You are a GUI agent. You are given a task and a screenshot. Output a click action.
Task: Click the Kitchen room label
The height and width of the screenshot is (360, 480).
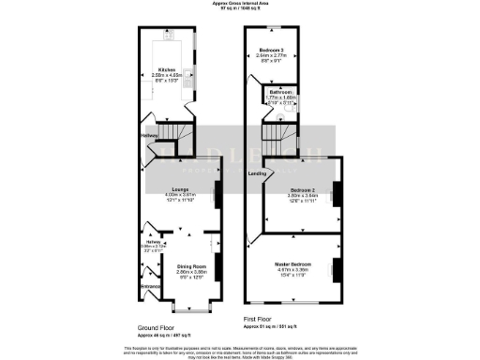[x=167, y=69]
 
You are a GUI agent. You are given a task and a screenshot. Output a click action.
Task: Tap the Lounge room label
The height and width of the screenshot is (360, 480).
[x=172, y=188]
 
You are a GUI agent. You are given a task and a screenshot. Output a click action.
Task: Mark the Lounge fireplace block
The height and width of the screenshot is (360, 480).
[x=217, y=196]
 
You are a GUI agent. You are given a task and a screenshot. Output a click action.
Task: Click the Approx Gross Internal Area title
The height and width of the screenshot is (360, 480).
[x=240, y=4]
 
